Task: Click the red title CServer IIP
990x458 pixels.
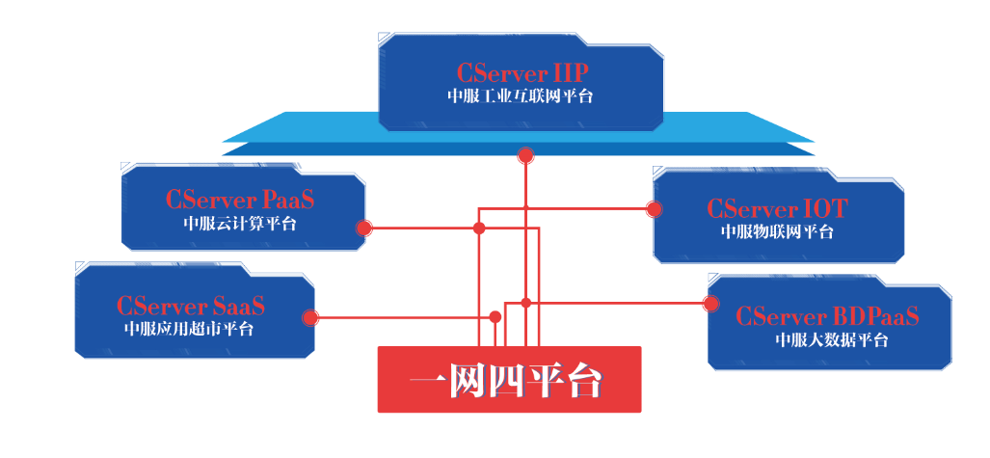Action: (522, 73)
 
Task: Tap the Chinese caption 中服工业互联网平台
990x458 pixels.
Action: (522, 96)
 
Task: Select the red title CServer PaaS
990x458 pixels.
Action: (240, 201)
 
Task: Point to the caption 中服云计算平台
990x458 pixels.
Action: (240, 225)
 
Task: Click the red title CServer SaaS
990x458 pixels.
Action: (191, 307)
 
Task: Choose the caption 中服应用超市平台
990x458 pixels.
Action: (190, 329)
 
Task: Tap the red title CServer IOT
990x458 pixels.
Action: (777, 208)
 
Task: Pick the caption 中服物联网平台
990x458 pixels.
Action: (777, 231)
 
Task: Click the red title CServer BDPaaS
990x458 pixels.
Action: (827, 316)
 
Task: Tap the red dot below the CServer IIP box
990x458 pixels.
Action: (525, 154)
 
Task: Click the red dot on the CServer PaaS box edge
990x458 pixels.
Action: (363, 229)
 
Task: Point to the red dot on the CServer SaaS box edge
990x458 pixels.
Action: (310, 317)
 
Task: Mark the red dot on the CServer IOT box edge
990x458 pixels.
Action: (654, 208)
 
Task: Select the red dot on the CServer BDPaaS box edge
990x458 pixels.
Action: (711, 304)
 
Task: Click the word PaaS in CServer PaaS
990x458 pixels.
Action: (289, 201)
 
